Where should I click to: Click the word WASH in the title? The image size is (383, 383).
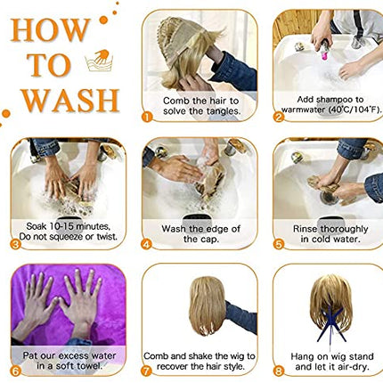click(x=70, y=100)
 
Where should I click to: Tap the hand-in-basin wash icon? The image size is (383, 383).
click(x=99, y=61)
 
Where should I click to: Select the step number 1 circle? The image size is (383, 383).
click(x=147, y=117)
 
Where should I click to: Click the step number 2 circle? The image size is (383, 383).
click(x=278, y=117)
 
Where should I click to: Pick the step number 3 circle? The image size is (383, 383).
click(x=15, y=244)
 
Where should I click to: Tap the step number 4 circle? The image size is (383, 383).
click(x=147, y=244)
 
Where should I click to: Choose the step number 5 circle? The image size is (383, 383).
click(x=278, y=244)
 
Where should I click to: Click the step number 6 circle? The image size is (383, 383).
click(x=15, y=371)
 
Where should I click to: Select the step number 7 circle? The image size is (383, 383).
click(x=146, y=371)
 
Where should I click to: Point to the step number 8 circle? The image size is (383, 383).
click(x=278, y=371)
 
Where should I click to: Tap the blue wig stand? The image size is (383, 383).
click(x=331, y=323)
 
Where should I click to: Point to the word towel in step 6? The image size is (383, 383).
click(x=89, y=366)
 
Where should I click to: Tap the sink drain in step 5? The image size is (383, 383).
click(x=329, y=198)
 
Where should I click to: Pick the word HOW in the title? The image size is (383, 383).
click(x=51, y=29)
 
